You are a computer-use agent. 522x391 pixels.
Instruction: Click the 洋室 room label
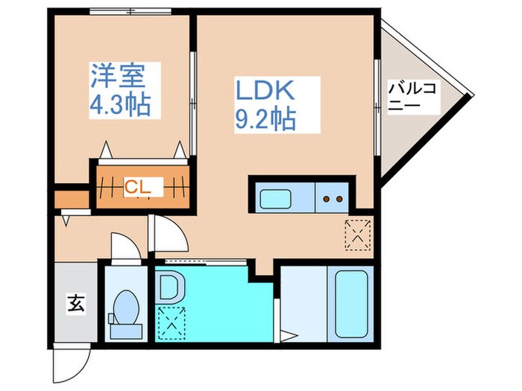click(x=116, y=77)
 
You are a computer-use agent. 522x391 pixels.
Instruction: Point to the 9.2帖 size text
click(x=265, y=118)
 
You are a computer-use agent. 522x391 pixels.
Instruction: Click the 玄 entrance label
click(x=75, y=304)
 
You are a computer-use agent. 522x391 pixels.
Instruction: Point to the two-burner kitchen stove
click(x=332, y=199)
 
